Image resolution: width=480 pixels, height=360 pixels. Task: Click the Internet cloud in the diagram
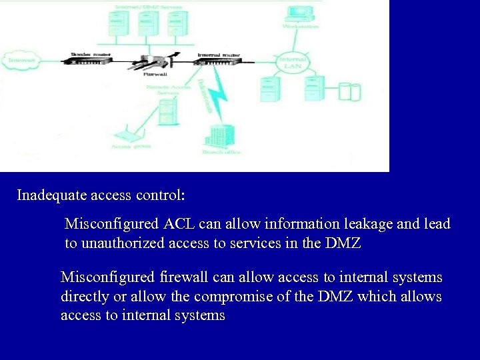(22, 60)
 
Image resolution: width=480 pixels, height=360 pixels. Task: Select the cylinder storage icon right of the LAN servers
(349, 91)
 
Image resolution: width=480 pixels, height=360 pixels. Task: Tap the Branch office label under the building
(221, 153)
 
